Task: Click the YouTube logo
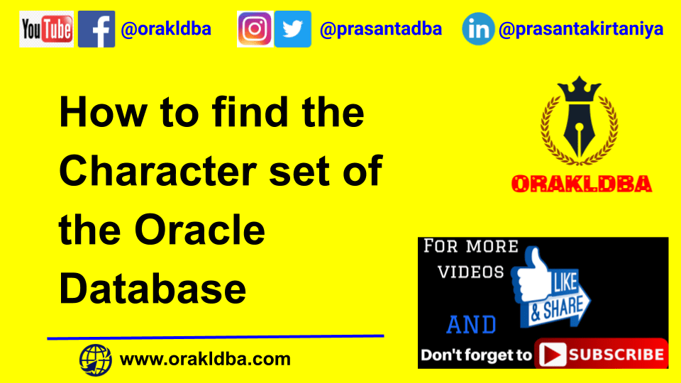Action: click(47, 29)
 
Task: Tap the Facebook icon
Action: click(96, 29)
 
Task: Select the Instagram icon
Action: click(255, 29)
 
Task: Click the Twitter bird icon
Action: click(292, 29)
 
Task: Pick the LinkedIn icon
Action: click(479, 29)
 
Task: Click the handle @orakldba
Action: click(166, 30)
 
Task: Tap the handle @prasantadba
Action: click(381, 29)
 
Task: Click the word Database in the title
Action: click(153, 289)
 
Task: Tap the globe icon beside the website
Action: click(96, 359)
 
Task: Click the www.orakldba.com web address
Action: click(206, 359)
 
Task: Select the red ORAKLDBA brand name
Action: click(581, 184)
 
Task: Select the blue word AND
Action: click(472, 325)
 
